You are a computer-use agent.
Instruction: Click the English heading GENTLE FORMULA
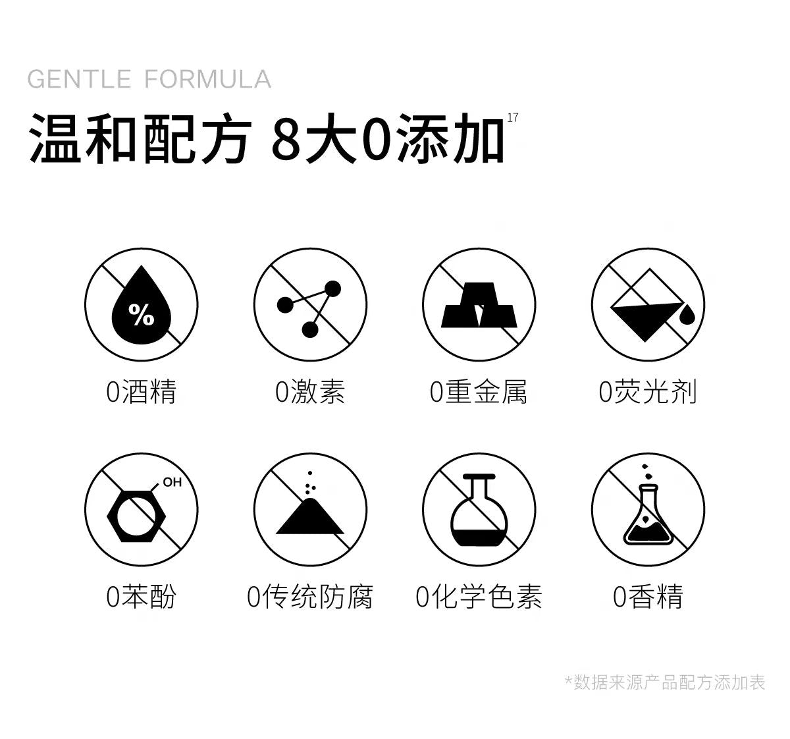tap(149, 79)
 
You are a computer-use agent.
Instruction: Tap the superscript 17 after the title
tap(513, 118)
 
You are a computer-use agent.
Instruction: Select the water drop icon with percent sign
tap(142, 305)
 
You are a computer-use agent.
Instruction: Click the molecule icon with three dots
tap(310, 306)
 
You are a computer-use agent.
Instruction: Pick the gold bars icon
tap(479, 305)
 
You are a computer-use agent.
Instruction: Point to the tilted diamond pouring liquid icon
tap(648, 305)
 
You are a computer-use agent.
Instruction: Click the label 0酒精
tap(142, 392)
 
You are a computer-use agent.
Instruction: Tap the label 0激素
tap(310, 392)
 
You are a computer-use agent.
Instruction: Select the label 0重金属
tap(479, 392)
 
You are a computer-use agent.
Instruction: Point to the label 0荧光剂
tap(648, 392)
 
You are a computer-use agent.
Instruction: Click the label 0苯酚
tap(142, 597)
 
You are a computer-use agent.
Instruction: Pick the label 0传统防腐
tap(310, 597)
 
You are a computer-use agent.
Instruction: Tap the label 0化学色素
tap(479, 597)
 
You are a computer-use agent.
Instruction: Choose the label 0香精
tap(648, 597)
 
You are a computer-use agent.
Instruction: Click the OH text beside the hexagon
tap(172, 482)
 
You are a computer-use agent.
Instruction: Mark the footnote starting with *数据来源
tap(665, 682)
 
